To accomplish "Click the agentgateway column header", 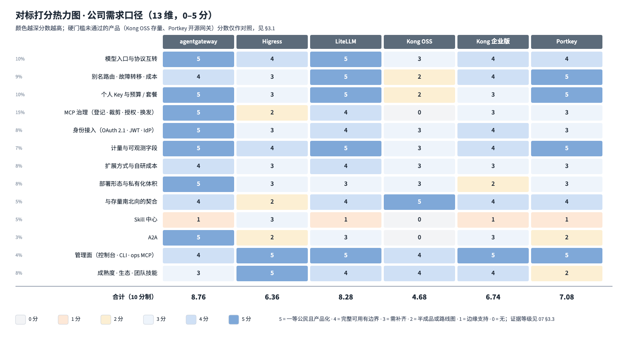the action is pyautogui.click(x=198, y=42).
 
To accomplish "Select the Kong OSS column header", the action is pyautogui.click(x=419, y=42).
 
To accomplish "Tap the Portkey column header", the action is pyautogui.click(x=567, y=42).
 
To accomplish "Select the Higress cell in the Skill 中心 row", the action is pyautogui.click(x=272, y=220).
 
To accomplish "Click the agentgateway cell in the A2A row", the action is pyautogui.click(x=198, y=238).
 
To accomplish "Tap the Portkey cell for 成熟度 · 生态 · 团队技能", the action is pyautogui.click(x=567, y=273).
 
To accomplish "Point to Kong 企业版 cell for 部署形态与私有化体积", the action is pyautogui.click(x=493, y=184).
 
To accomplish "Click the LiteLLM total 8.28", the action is pyautogui.click(x=346, y=297).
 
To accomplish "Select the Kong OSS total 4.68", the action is pyautogui.click(x=419, y=297).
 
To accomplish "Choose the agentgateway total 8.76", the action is pyautogui.click(x=198, y=297).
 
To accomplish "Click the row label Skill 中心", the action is pyautogui.click(x=145, y=220).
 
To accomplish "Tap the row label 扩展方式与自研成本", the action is pyautogui.click(x=131, y=166).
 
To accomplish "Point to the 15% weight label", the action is pyautogui.click(x=20, y=112).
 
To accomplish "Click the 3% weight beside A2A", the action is pyautogui.click(x=19, y=237).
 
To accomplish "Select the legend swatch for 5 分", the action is pyautogui.click(x=233, y=319).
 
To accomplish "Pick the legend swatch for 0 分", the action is pyautogui.click(x=21, y=319).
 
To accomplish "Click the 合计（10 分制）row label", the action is pyautogui.click(x=133, y=297).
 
